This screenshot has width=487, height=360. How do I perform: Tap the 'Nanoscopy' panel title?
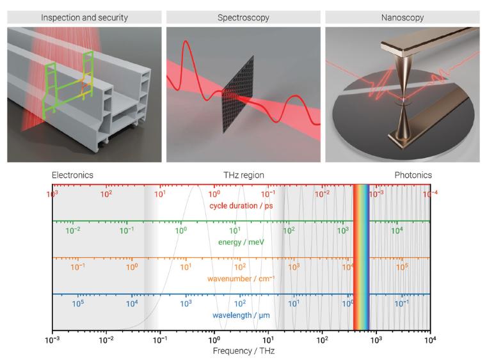point(401,17)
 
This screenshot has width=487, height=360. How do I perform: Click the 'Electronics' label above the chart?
point(72,175)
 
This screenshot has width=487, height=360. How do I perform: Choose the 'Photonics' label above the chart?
point(413,175)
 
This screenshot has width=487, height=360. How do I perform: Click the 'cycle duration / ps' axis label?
point(241,205)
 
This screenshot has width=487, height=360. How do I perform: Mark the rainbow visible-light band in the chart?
point(362,256)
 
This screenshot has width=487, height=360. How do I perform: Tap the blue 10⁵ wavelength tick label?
point(77,303)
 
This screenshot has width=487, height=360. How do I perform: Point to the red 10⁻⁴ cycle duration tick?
point(431,193)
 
